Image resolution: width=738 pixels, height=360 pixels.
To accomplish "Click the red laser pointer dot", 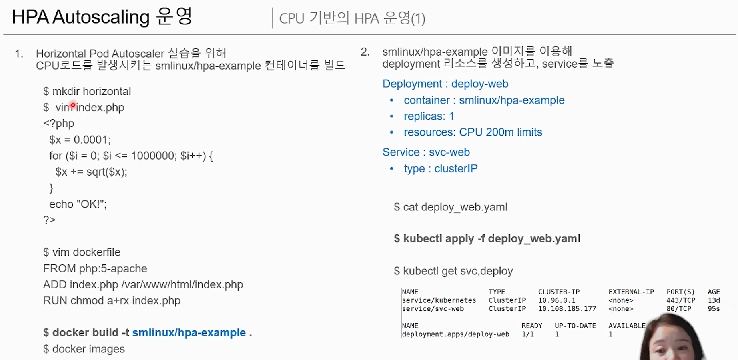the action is coord(73,106).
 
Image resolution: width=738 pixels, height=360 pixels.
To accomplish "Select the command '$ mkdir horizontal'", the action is coord(87,92).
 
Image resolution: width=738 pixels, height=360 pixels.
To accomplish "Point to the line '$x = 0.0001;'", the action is coord(80,140).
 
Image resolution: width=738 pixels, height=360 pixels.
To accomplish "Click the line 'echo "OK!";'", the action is coord(78,204).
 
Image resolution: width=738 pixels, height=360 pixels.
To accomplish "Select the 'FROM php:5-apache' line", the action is coord(95,268).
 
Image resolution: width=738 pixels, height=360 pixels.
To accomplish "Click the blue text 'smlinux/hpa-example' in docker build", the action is coord(189,333).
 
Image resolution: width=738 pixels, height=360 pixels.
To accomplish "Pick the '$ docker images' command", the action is coord(84,349).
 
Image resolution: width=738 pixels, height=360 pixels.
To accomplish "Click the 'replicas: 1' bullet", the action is coord(429,116).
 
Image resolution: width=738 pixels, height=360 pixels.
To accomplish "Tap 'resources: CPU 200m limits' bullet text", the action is coord(473,132).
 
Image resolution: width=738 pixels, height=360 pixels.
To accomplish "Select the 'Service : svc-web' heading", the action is coord(426,152).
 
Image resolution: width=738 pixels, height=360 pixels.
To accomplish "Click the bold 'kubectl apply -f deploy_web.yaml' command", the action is coord(491,239).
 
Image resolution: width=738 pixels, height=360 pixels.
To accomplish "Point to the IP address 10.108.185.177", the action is coord(567,309).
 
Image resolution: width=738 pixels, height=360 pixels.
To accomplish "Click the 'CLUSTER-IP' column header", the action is coord(559,292).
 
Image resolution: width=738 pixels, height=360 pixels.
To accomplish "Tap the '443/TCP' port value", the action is coord(680,300).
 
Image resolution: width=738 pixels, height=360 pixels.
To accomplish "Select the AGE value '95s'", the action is coord(713,309).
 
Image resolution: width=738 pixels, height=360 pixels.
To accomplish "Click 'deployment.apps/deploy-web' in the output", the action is coord(455,334).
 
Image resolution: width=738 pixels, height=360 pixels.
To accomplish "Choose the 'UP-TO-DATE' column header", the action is coord(575,326).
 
